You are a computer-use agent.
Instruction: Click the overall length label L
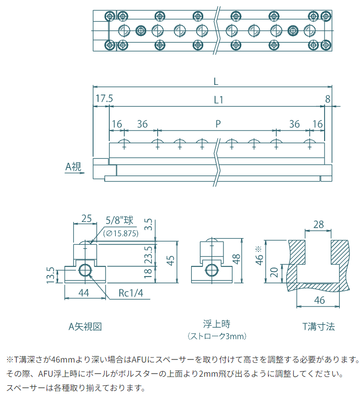(216, 81)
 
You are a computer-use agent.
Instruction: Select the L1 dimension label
(218, 100)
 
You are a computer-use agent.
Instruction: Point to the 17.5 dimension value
(103, 98)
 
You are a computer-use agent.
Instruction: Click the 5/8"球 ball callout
(119, 220)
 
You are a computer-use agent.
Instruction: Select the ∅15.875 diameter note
(121, 233)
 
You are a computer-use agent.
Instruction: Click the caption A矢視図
(85, 326)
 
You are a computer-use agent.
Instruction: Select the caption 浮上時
(213, 324)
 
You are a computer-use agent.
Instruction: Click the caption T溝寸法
(319, 326)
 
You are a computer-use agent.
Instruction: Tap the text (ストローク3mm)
(213, 336)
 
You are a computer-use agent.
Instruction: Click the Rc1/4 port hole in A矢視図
(85, 268)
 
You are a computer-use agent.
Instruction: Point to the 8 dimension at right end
(328, 98)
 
